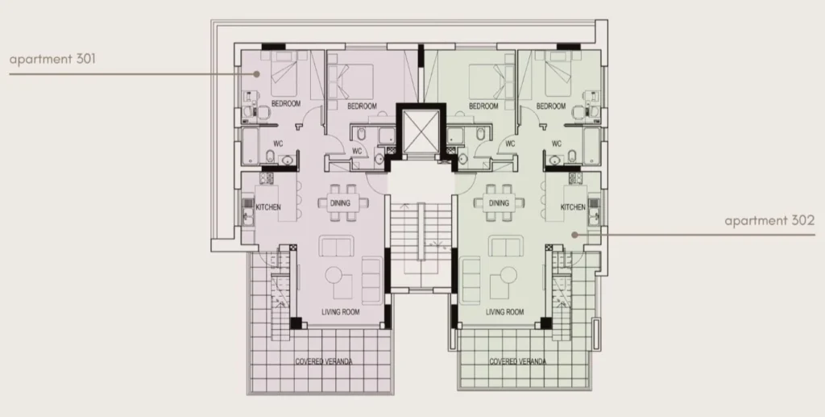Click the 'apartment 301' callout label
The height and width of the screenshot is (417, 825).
pos(52,58)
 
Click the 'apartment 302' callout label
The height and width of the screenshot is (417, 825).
pos(769,221)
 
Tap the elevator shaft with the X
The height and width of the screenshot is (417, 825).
pos(421,130)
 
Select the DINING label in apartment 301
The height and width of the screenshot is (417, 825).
pos(340,202)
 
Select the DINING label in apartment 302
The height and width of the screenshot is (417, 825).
pos(499,202)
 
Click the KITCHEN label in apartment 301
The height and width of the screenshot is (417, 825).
pos(268,207)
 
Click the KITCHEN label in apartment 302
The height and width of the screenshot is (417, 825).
pos(573,207)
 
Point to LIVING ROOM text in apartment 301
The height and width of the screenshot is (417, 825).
pos(341,312)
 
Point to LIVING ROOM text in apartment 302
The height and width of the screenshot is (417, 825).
pos(504,312)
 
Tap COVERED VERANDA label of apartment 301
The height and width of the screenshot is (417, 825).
pos(324,361)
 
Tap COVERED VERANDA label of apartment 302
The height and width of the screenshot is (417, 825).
pos(518,361)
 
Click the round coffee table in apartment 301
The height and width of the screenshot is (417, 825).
pos(334,275)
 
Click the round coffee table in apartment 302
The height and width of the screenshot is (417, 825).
pos(508,275)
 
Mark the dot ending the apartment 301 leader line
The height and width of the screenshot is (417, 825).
pos(257,74)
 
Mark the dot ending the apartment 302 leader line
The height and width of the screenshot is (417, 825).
pos(575,235)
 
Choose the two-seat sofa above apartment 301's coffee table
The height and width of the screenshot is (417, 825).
pos(336,247)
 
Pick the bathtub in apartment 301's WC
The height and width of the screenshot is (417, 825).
pos(250,146)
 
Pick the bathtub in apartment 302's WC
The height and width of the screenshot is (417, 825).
pos(591,146)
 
